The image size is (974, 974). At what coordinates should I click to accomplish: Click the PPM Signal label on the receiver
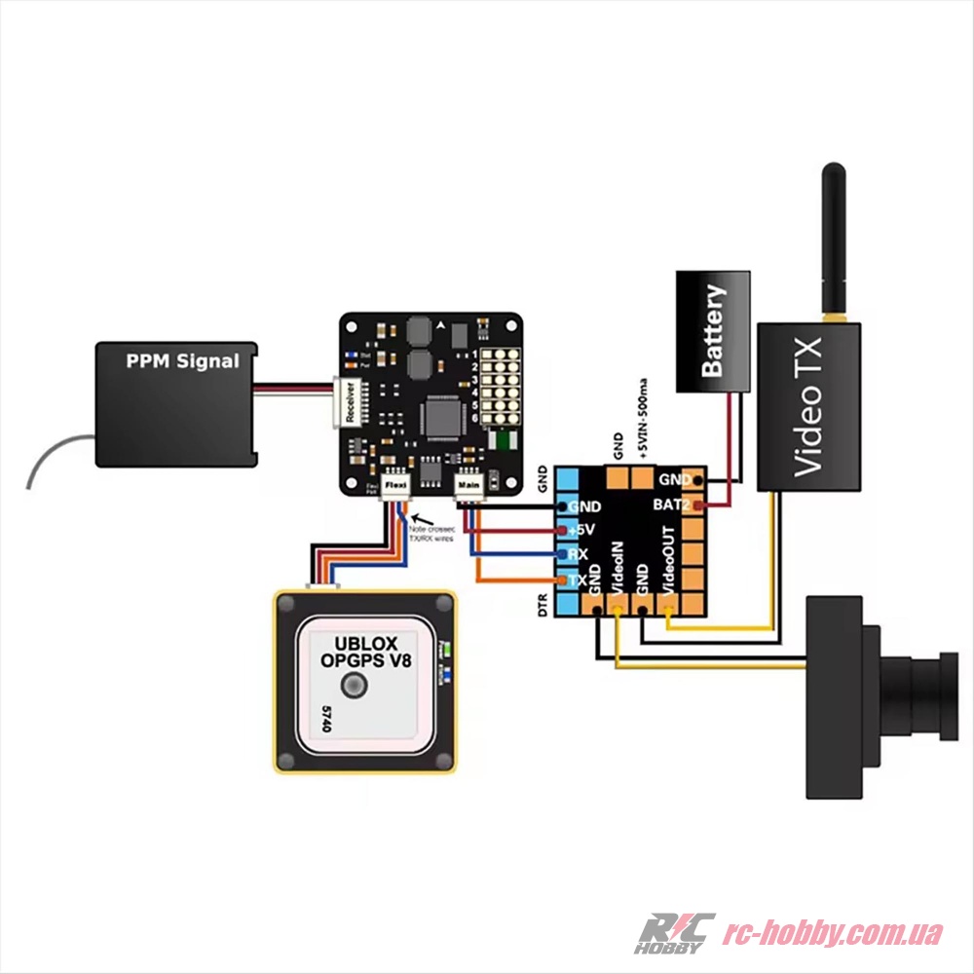point(182,361)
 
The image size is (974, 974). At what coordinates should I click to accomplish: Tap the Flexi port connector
point(395,485)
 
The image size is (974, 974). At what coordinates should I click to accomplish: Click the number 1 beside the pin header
point(474,354)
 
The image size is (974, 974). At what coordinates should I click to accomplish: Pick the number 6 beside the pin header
point(474,418)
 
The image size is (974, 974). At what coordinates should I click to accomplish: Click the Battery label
point(714,331)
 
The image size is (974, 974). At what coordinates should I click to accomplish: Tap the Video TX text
point(808,406)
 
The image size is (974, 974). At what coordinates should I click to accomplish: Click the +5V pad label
point(581,531)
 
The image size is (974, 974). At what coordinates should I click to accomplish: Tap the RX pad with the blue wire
point(578,555)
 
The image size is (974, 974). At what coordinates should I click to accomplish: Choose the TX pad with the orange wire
point(578,580)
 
